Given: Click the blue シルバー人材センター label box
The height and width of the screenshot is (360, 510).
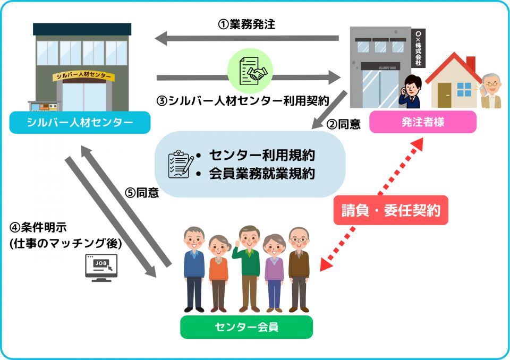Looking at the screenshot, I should pyautogui.click(x=80, y=123).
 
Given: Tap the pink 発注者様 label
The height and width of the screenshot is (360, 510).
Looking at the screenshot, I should pyautogui.click(x=423, y=123).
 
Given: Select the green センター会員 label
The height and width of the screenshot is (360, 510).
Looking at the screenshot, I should pyautogui.click(x=246, y=327).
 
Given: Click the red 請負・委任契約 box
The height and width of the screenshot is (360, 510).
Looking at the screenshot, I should pyautogui.click(x=390, y=210).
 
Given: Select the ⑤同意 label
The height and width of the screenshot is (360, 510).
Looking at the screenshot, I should pyautogui.click(x=142, y=193).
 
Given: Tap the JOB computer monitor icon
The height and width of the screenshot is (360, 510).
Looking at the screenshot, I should pyautogui.click(x=101, y=267).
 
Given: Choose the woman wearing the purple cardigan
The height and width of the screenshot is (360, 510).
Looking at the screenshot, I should pyautogui.click(x=274, y=271).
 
